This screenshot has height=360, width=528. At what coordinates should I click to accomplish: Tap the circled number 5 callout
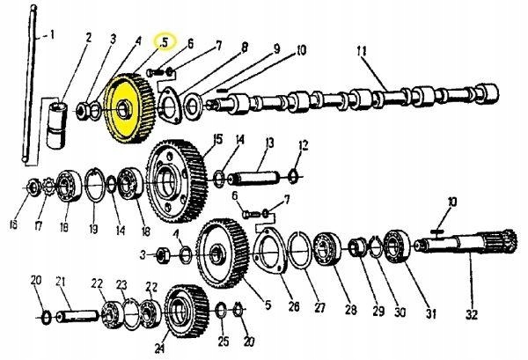165,41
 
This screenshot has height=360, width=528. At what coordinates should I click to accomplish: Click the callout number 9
276,49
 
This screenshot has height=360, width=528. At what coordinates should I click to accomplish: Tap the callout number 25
222,340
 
